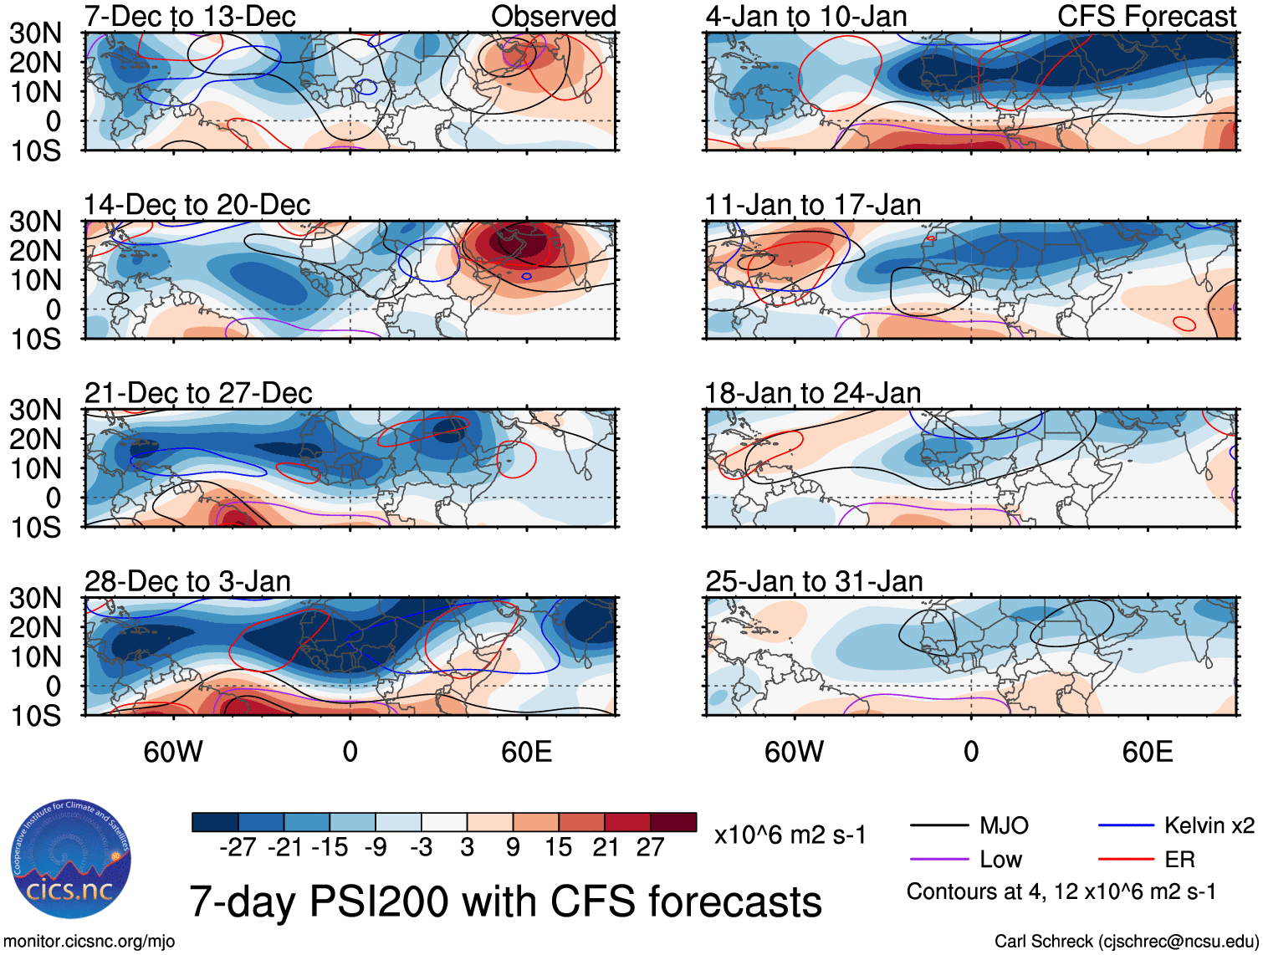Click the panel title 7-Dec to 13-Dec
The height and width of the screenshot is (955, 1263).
pyautogui.click(x=190, y=16)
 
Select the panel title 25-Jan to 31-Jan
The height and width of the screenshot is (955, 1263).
pyautogui.click(x=814, y=581)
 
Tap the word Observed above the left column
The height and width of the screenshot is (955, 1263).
pyautogui.click(x=553, y=16)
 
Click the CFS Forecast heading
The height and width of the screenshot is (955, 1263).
pyautogui.click(x=1147, y=16)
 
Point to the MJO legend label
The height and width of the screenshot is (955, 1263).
pyautogui.click(x=1004, y=826)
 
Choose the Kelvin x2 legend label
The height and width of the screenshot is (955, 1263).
pyautogui.click(x=1209, y=826)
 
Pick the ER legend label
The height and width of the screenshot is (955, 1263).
pyautogui.click(x=1179, y=860)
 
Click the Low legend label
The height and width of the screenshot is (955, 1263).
pyautogui.click(x=1000, y=860)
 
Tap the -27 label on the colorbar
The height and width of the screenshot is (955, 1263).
pyautogui.click(x=238, y=848)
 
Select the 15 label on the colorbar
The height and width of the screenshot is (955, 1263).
pyautogui.click(x=558, y=848)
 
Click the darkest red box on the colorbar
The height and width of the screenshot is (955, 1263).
pyautogui.click(x=673, y=822)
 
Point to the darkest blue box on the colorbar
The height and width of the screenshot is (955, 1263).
pyautogui.click(x=215, y=822)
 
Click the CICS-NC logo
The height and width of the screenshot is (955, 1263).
pyautogui.click(x=71, y=858)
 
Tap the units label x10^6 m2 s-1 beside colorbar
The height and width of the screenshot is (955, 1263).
pyautogui.click(x=790, y=835)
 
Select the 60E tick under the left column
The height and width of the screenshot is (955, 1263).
pyautogui.click(x=526, y=752)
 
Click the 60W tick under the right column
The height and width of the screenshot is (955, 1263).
pyautogui.click(x=794, y=752)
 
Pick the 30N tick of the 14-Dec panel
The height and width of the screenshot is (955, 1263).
pyautogui.click(x=36, y=222)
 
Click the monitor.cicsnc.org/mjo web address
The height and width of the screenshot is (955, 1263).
pyautogui.click(x=89, y=942)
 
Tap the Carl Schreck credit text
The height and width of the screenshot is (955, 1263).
pyautogui.click(x=1126, y=942)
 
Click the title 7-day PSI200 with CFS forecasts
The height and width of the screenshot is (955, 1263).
pyautogui.click(x=505, y=901)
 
